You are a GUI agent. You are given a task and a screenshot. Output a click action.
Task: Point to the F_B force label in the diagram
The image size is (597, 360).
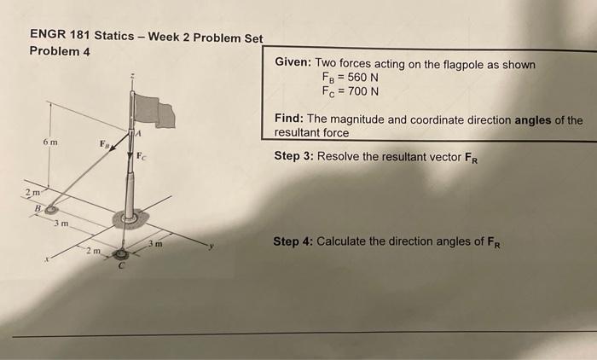pyautogui.click(x=104, y=146)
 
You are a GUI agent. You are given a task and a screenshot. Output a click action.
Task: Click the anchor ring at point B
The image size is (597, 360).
pyautogui.click(x=51, y=208)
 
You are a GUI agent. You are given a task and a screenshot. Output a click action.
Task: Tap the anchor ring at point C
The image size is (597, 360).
pyautogui.click(x=122, y=253)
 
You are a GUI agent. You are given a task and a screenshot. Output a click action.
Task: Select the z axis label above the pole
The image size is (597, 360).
pyautogui.click(x=131, y=75)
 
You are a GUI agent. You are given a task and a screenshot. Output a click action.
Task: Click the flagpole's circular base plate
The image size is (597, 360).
pyautogui.click(x=130, y=218)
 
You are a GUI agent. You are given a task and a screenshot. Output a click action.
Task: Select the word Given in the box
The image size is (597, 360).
pyautogui.click(x=293, y=64)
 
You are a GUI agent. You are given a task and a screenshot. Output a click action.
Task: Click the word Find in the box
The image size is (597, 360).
pyautogui.click(x=290, y=120)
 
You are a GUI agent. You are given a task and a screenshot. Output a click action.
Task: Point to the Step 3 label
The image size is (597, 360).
pyautogui.click(x=293, y=157)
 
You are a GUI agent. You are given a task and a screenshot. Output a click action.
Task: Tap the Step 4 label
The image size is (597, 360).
pyautogui.click(x=293, y=241)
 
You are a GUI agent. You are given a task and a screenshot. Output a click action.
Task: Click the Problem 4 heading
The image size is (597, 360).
pyautogui.click(x=60, y=52)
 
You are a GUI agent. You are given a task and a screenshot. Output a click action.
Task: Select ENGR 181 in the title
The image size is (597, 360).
pyautogui.click(x=59, y=35)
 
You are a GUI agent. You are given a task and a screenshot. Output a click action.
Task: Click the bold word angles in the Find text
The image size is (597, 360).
pyautogui.click(x=535, y=120)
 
